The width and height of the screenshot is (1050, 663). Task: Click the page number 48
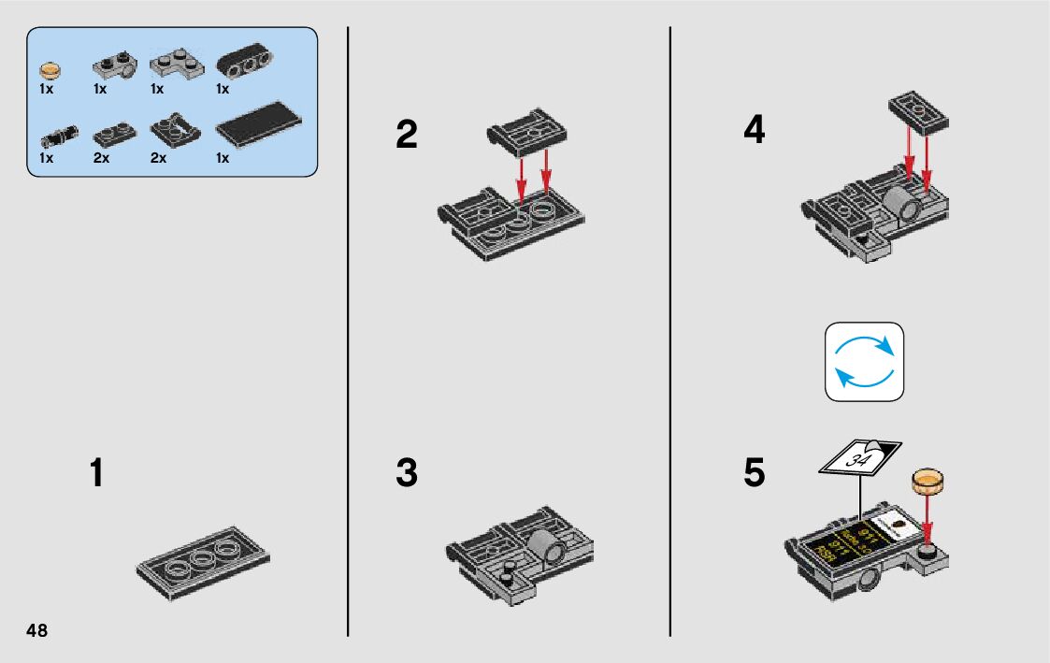pos(37,630)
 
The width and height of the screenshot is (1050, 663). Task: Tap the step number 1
pos(96,473)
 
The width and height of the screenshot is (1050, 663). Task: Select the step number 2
pos(407,136)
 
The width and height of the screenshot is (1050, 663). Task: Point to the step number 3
pos(407,473)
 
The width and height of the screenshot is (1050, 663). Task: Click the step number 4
pos(754,130)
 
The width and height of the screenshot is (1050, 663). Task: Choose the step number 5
pos(754,473)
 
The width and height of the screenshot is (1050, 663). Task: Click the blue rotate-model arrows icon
pos(865,362)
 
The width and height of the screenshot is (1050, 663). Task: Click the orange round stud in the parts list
pos(50,68)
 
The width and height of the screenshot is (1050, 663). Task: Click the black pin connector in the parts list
pos(58,137)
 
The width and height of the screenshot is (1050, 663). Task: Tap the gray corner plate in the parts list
pos(173,62)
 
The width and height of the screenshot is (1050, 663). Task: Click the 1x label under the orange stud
pos(46,90)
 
